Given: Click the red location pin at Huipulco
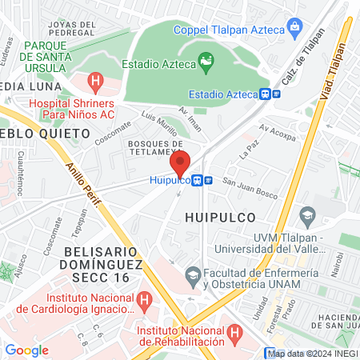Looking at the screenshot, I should tap(181, 162).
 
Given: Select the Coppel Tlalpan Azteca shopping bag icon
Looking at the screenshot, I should tap(295, 30).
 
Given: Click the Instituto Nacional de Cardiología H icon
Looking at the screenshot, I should tap(145, 301).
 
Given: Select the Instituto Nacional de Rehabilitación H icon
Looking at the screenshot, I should tap(234, 331).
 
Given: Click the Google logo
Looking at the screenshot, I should tap(26, 350).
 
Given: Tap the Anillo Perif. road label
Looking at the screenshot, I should tap(84, 189).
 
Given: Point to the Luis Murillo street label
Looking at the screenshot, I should tap(159, 123).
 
